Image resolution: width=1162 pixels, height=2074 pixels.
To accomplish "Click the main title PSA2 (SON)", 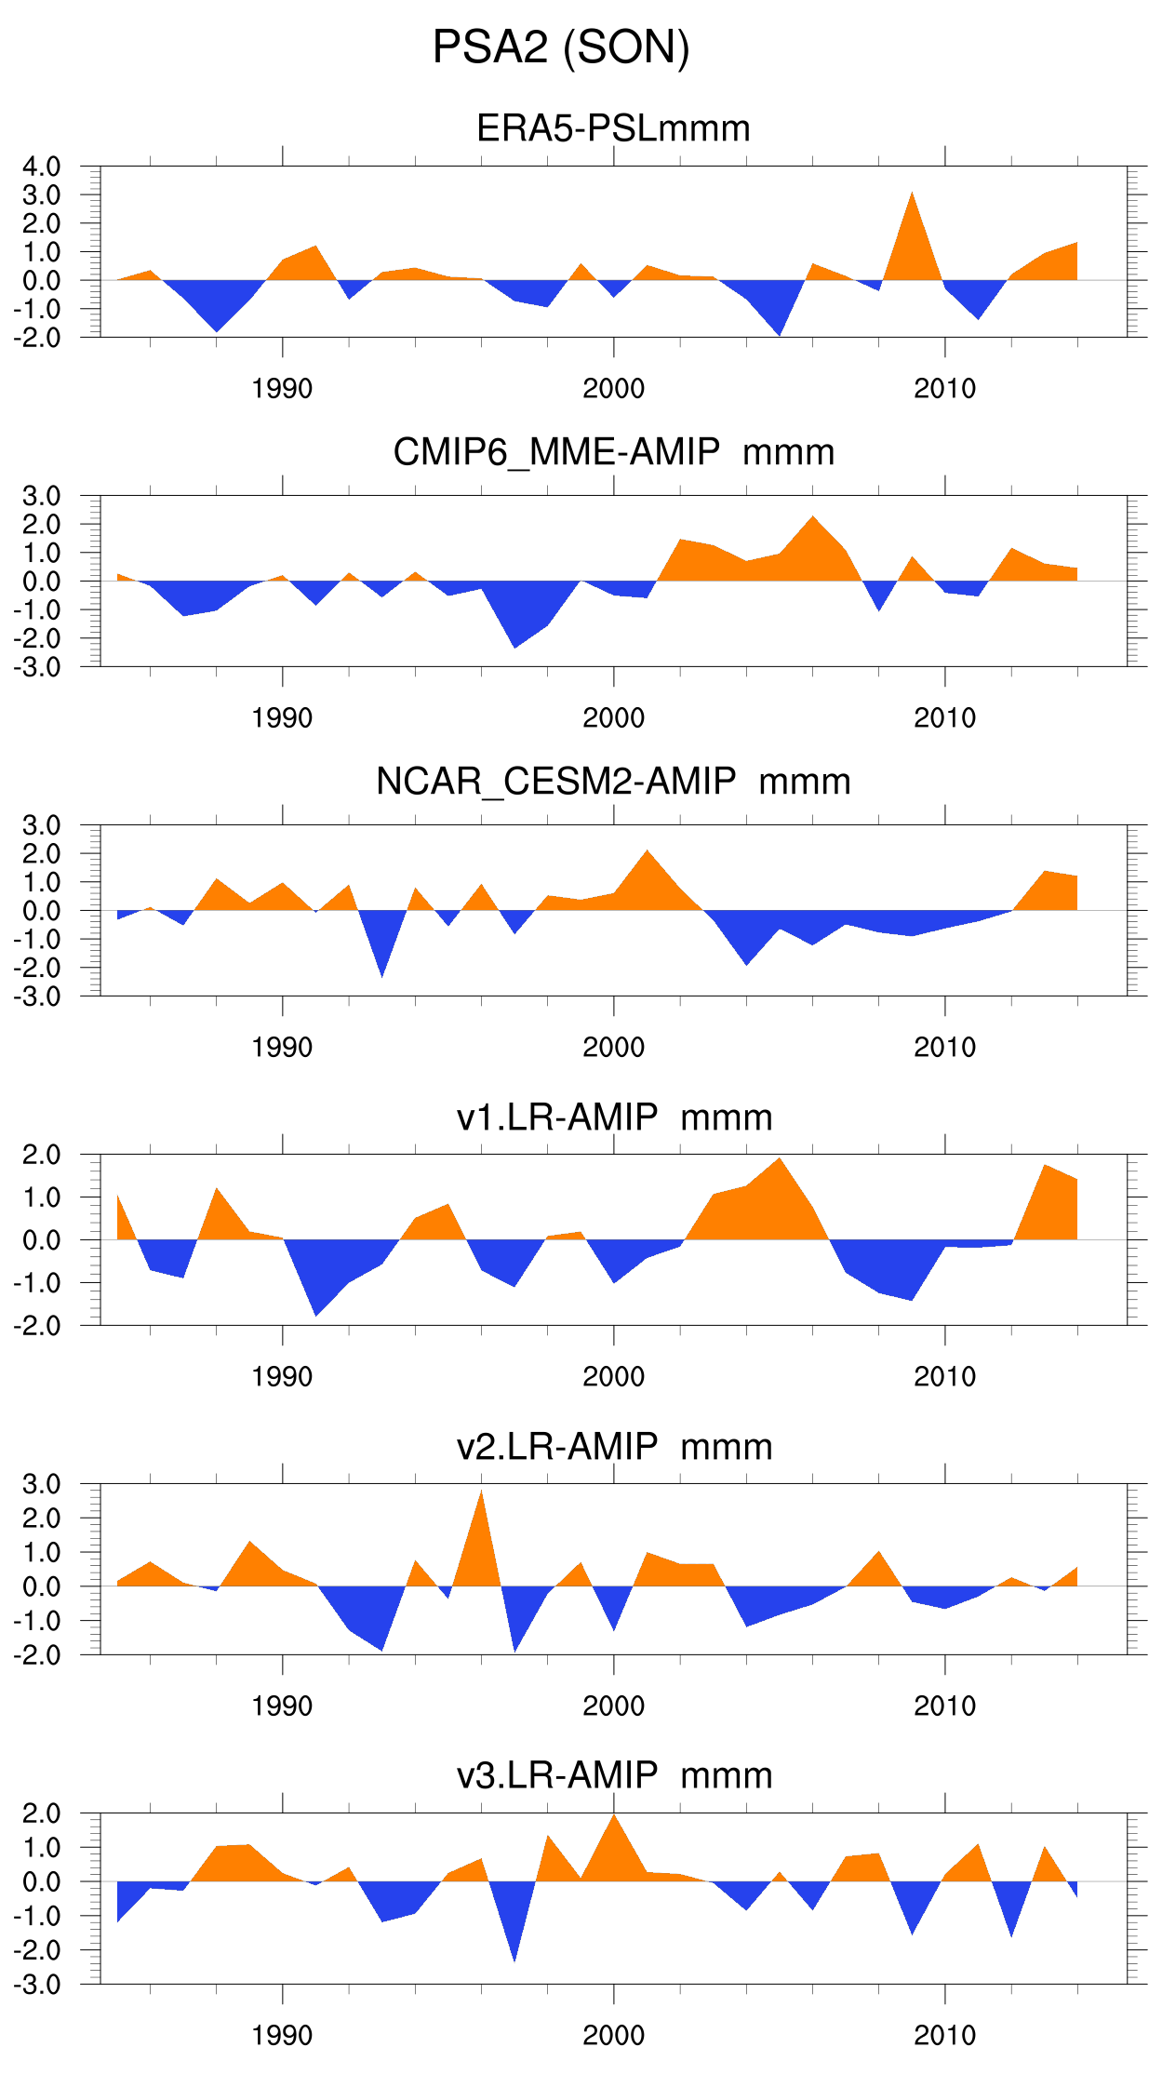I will pyautogui.click(x=561, y=47).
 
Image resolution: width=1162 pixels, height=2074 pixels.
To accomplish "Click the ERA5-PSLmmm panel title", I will pyautogui.click(x=613, y=128).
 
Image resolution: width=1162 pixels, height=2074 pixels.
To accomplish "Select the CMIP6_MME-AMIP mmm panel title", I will pyautogui.click(x=613, y=452).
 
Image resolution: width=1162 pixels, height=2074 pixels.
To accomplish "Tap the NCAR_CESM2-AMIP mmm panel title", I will pyautogui.click(x=613, y=782).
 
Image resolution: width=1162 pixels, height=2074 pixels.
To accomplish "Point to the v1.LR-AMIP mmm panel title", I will pyautogui.click(x=613, y=1117).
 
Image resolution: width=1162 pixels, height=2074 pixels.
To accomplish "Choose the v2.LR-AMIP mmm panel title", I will pyautogui.click(x=613, y=1447).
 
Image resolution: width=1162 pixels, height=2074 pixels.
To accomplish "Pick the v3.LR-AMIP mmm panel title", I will pyautogui.click(x=613, y=1775).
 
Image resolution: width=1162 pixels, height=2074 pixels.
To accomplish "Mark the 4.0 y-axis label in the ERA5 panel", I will pyautogui.click(x=42, y=167).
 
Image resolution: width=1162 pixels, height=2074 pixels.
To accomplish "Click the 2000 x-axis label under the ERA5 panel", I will pyautogui.click(x=613, y=389).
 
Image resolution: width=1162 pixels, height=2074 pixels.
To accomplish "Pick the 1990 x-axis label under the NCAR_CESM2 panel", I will pyautogui.click(x=282, y=1048).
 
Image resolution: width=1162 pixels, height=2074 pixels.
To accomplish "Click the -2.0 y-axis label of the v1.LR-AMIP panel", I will pyautogui.click(x=37, y=1326).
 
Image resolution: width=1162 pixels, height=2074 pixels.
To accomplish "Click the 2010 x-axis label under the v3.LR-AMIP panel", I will pyautogui.click(x=944, y=2036).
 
